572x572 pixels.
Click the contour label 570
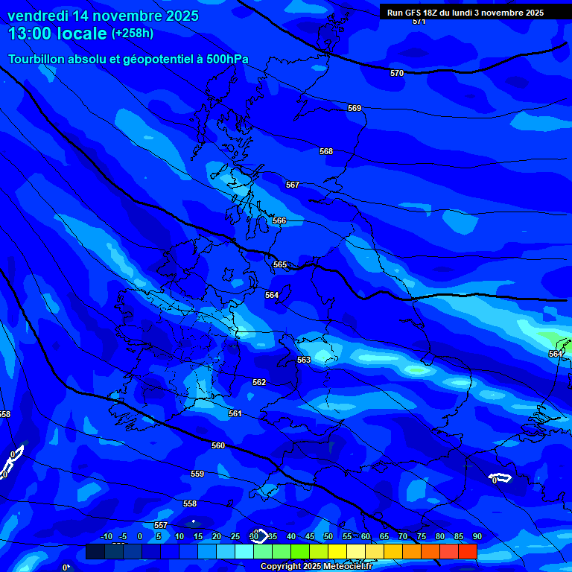point(397,73)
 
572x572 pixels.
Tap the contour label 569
point(355,108)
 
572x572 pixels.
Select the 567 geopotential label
point(293,185)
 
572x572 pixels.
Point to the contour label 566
point(279,220)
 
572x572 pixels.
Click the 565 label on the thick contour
point(280,264)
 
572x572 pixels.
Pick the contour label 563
point(304,360)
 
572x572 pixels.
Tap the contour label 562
point(259,382)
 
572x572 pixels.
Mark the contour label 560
point(218,445)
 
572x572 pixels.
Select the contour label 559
point(197,474)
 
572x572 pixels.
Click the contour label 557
point(161,525)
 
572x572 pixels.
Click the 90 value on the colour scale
point(477,536)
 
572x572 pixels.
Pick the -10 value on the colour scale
point(106,536)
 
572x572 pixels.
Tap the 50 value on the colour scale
point(328,536)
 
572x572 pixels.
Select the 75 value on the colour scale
point(421,536)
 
